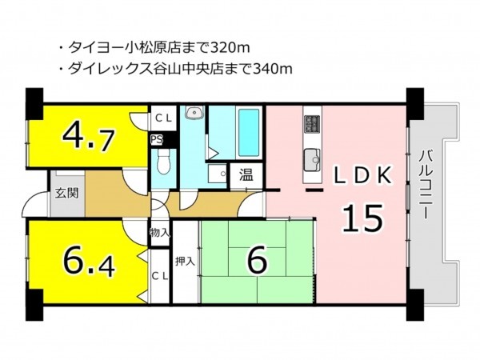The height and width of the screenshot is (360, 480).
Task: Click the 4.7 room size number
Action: tap(89, 139)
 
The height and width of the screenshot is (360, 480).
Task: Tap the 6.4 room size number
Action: tap(89, 262)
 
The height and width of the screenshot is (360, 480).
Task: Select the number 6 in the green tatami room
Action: tap(258, 260)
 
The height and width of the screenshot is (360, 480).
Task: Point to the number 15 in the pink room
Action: tap(362, 218)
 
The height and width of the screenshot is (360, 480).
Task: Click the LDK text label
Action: tap(362, 175)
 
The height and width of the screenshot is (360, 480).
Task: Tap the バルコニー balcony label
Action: tap(423, 184)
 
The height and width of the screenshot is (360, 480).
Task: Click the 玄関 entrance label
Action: tap(67, 193)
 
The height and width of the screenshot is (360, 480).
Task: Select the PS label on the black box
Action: tap(157, 139)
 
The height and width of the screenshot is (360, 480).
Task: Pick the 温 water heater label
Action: tap(246, 175)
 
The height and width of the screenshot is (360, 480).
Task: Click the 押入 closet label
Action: tap(185, 262)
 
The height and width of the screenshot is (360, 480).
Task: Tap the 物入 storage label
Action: tap(159, 233)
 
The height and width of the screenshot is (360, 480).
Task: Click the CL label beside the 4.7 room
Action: tap(164, 118)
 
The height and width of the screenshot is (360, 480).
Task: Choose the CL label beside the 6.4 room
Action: tap(160, 277)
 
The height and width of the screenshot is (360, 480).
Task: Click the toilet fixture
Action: tap(163, 162)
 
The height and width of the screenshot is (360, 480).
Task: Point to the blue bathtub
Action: tap(249, 133)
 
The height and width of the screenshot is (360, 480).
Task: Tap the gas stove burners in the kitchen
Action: tap(312, 124)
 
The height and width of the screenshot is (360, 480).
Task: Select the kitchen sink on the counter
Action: tap(312, 160)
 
